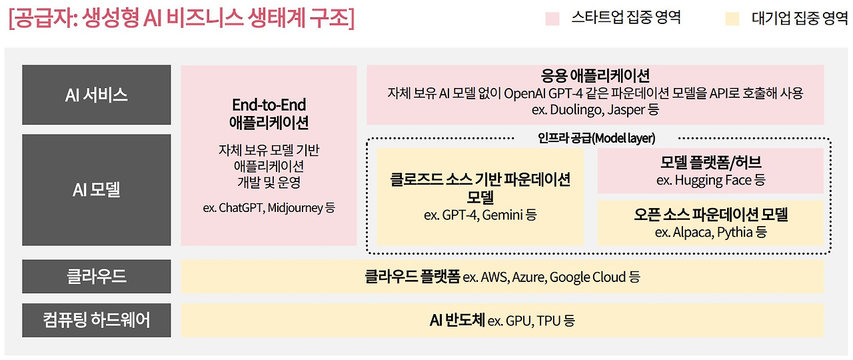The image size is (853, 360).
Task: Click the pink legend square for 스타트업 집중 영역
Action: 552,19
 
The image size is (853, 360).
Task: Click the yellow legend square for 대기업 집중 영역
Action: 732,19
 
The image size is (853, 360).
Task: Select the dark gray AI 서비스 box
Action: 96,95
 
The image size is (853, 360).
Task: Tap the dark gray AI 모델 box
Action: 96,190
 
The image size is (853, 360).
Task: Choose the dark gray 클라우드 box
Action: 96,277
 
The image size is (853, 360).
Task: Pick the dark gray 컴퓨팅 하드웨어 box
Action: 96,320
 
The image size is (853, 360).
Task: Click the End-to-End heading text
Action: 269,105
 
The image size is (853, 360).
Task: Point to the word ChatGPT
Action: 242,207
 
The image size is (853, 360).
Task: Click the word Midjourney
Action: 296,207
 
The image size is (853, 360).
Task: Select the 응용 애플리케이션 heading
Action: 595,75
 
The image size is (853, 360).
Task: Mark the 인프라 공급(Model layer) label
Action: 596,138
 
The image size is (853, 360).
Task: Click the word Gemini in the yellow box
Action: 502,215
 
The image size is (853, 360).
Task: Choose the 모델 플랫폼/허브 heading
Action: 711,163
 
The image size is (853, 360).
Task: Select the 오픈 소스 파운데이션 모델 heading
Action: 711,215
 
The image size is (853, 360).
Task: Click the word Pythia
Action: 735,232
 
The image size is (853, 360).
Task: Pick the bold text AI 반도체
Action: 457,320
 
